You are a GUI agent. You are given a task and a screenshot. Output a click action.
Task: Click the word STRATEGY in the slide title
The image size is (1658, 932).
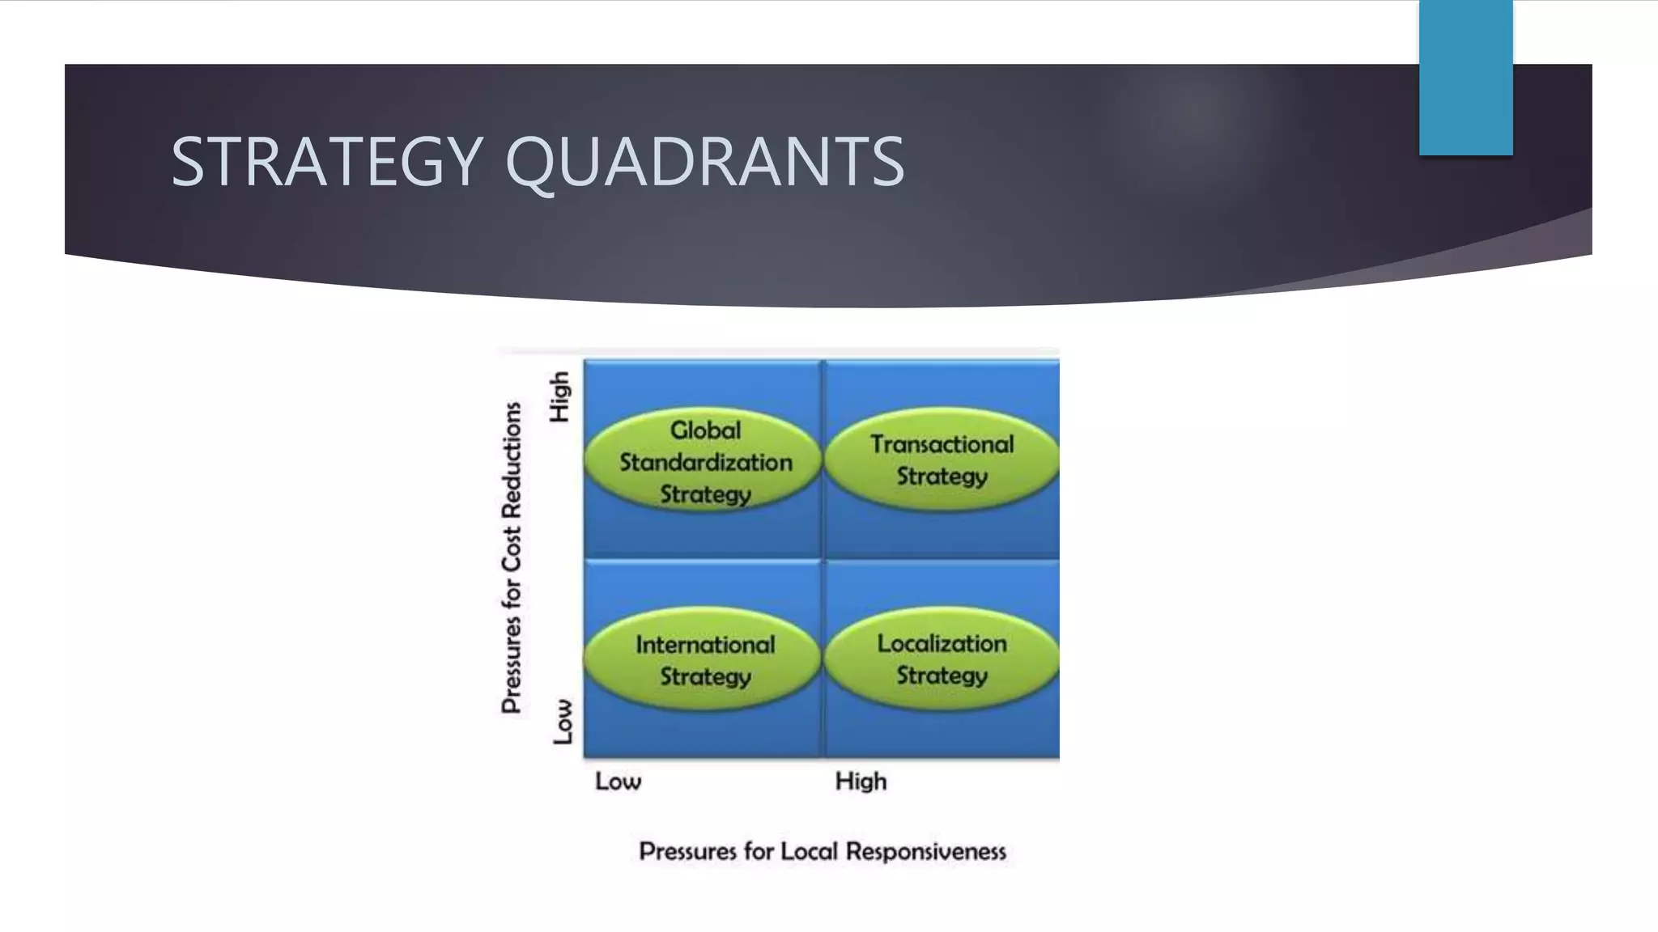(x=327, y=162)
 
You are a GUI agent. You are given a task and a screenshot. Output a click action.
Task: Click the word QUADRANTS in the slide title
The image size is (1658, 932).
(x=704, y=162)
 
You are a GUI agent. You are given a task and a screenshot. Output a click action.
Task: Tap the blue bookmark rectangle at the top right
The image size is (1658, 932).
(x=1465, y=78)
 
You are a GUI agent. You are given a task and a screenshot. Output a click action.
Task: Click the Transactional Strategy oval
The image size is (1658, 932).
(x=942, y=460)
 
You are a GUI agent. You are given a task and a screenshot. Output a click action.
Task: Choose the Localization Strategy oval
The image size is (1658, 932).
(x=942, y=659)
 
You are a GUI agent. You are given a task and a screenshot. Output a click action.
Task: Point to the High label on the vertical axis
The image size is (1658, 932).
(x=560, y=396)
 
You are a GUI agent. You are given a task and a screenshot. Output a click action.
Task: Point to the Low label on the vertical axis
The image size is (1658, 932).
(x=563, y=722)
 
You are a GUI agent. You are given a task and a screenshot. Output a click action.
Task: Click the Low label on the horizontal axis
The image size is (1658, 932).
(x=618, y=782)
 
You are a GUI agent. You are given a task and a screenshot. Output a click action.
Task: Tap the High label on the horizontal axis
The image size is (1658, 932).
(x=861, y=782)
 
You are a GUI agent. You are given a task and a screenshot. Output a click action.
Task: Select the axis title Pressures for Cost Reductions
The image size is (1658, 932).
(x=512, y=558)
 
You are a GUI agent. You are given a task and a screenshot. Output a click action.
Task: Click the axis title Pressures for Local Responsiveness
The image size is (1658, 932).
(x=823, y=852)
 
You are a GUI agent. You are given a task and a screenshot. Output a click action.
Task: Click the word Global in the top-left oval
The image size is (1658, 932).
(x=705, y=430)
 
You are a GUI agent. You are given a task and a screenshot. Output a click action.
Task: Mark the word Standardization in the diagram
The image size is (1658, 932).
(x=706, y=463)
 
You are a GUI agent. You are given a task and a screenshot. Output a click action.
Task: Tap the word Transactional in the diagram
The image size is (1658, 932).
(x=942, y=444)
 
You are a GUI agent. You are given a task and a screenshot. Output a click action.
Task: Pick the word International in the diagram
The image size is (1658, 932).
(x=705, y=645)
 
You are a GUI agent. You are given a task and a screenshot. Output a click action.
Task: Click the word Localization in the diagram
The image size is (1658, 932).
(x=942, y=644)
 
